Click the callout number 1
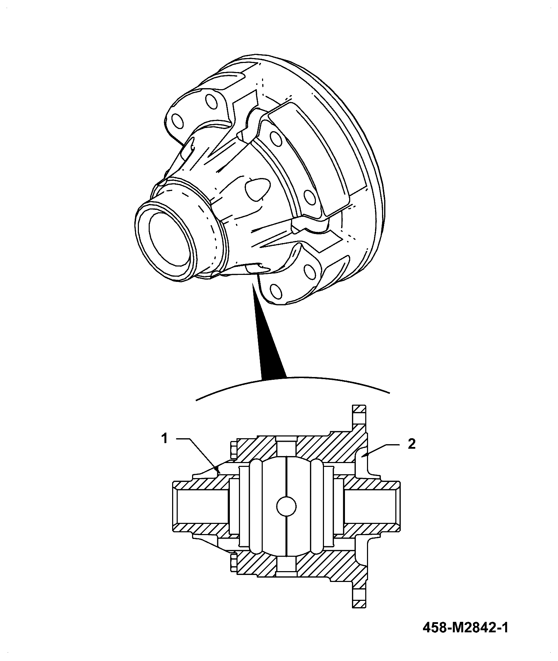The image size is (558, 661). pos(165,438)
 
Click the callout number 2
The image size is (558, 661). pos(412,444)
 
